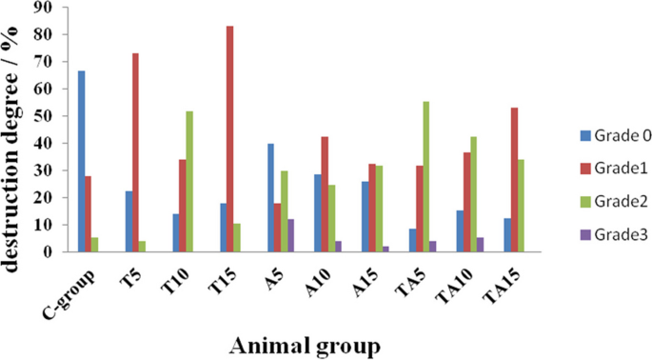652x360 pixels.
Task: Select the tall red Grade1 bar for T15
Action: coord(230,139)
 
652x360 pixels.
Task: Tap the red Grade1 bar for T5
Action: coord(135,152)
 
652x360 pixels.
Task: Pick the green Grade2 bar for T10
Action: coord(190,181)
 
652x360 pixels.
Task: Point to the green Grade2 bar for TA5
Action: coord(425,176)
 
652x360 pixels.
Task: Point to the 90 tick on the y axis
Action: coord(48,8)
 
